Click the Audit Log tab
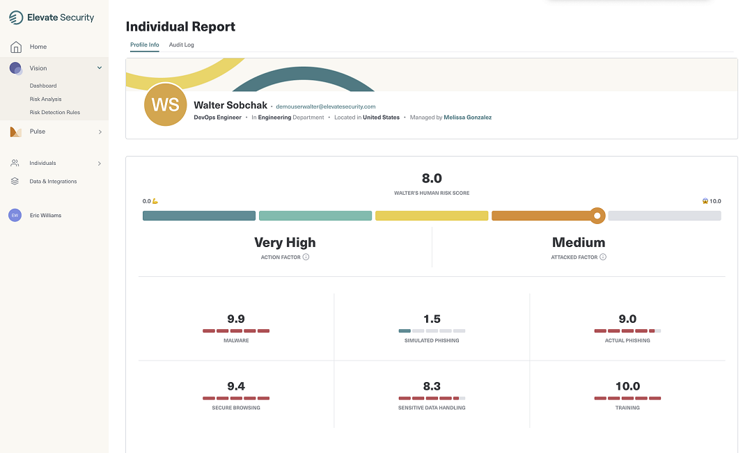coord(181,45)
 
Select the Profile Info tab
coord(144,45)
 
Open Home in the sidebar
coord(38,47)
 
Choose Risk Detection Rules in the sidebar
coord(54,112)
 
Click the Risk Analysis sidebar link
coord(45,99)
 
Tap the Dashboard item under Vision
coord(43,86)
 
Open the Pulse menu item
coord(37,132)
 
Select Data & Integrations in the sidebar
coord(53,182)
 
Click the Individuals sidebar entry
coord(42,163)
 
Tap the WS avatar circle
coord(165,105)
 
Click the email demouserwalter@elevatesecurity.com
coord(325,106)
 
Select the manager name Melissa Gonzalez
coord(467,118)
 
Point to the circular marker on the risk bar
coord(597,216)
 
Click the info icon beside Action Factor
coord(306,257)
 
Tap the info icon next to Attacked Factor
coord(603,257)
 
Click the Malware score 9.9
coord(236,319)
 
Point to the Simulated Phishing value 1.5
coord(432,319)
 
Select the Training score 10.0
coord(627,386)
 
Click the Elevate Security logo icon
coord(16,17)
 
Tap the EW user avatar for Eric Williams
coord(15,216)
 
